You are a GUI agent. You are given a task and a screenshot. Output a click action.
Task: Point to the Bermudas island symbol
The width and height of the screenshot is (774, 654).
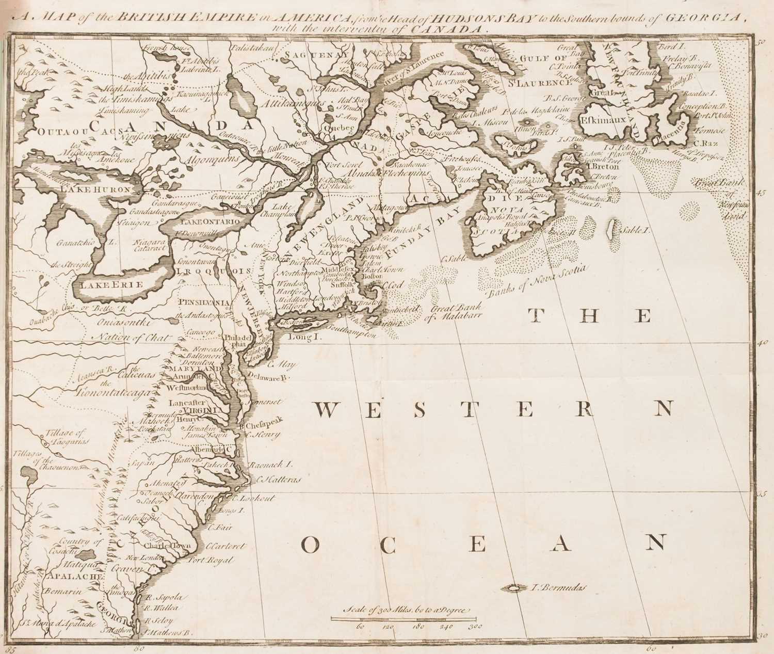coord(513,587)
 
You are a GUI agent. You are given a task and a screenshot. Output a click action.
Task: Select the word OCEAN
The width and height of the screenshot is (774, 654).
coord(482,544)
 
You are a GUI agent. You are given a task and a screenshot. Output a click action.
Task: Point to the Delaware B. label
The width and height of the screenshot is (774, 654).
coord(269,378)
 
